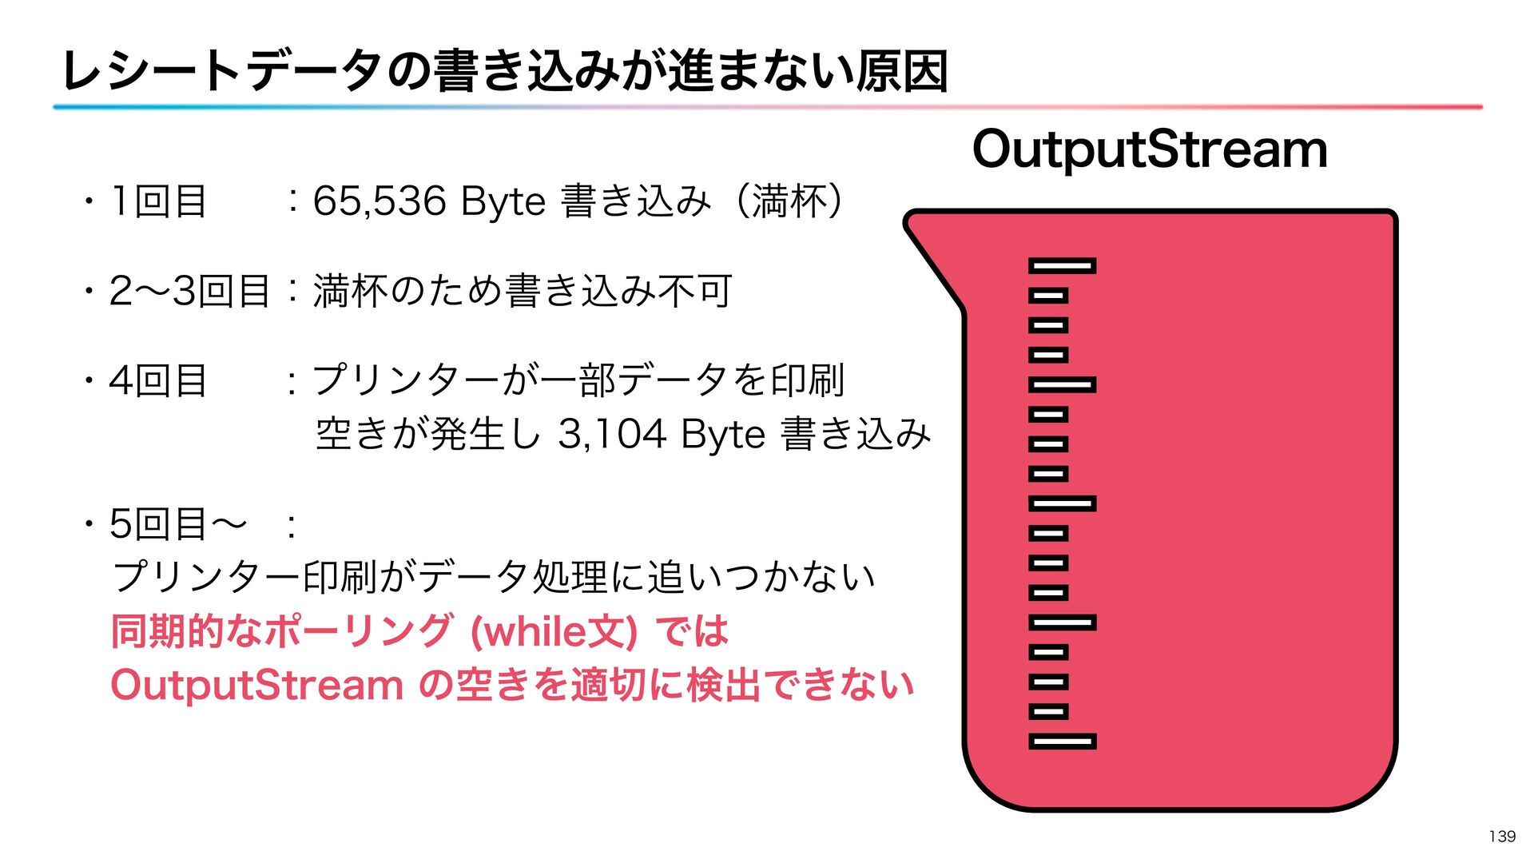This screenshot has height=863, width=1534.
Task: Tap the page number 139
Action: [x=1502, y=836]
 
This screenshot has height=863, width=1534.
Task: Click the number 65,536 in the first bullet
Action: [x=380, y=201]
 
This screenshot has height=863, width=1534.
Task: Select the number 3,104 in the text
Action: [x=612, y=435]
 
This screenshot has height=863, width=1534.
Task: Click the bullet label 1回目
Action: [x=159, y=201]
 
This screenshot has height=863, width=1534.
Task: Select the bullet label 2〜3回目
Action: [x=189, y=291]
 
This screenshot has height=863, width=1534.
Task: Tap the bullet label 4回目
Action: [x=158, y=380]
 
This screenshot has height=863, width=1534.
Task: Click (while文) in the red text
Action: [x=554, y=631]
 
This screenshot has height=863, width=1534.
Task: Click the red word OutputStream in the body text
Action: [x=256, y=686]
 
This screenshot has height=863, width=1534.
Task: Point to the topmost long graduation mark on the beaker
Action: [x=1062, y=266]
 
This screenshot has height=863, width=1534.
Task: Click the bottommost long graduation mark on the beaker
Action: [x=1062, y=742]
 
